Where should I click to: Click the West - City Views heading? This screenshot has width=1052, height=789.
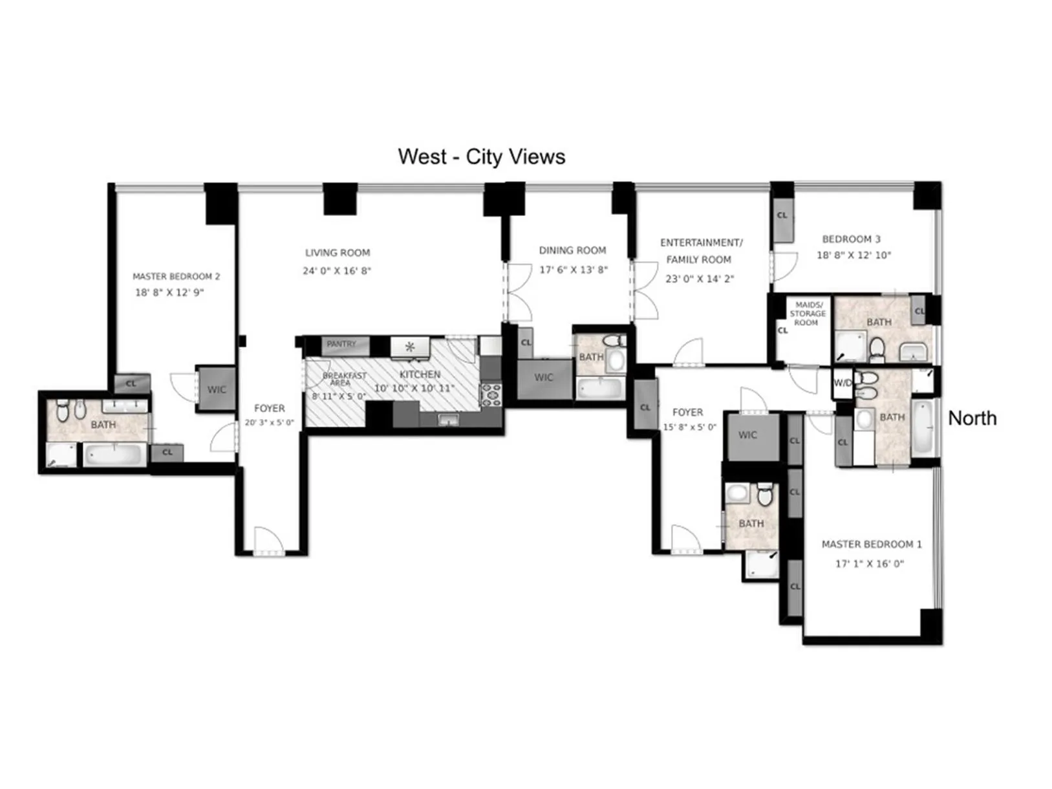coord(481,157)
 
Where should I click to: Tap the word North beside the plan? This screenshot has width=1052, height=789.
coord(971,418)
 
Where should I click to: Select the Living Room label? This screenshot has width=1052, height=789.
coord(338,253)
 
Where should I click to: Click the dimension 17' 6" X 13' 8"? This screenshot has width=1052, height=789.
coord(574,270)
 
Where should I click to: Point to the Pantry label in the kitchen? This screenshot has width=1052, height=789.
coord(341,344)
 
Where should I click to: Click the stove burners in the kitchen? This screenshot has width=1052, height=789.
coord(491,394)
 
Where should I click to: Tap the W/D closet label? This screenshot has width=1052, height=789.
coord(843,383)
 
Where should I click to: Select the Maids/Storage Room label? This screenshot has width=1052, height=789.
coord(808,313)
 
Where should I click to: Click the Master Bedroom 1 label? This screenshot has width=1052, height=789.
coord(872,544)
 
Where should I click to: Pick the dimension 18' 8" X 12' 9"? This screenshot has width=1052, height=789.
coord(169,292)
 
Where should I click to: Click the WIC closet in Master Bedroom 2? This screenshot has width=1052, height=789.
coord(217,389)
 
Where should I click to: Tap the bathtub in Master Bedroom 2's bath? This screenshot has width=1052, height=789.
coord(114,455)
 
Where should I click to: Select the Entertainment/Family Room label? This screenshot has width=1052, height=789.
coord(700,251)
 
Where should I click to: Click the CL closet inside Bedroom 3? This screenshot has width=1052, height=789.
coord(782,215)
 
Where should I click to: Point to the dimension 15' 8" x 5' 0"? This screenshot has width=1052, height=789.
coord(689,427)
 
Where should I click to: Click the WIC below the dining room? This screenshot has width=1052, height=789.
coord(544,378)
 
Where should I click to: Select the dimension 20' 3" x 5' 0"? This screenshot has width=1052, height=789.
coord(269,422)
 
